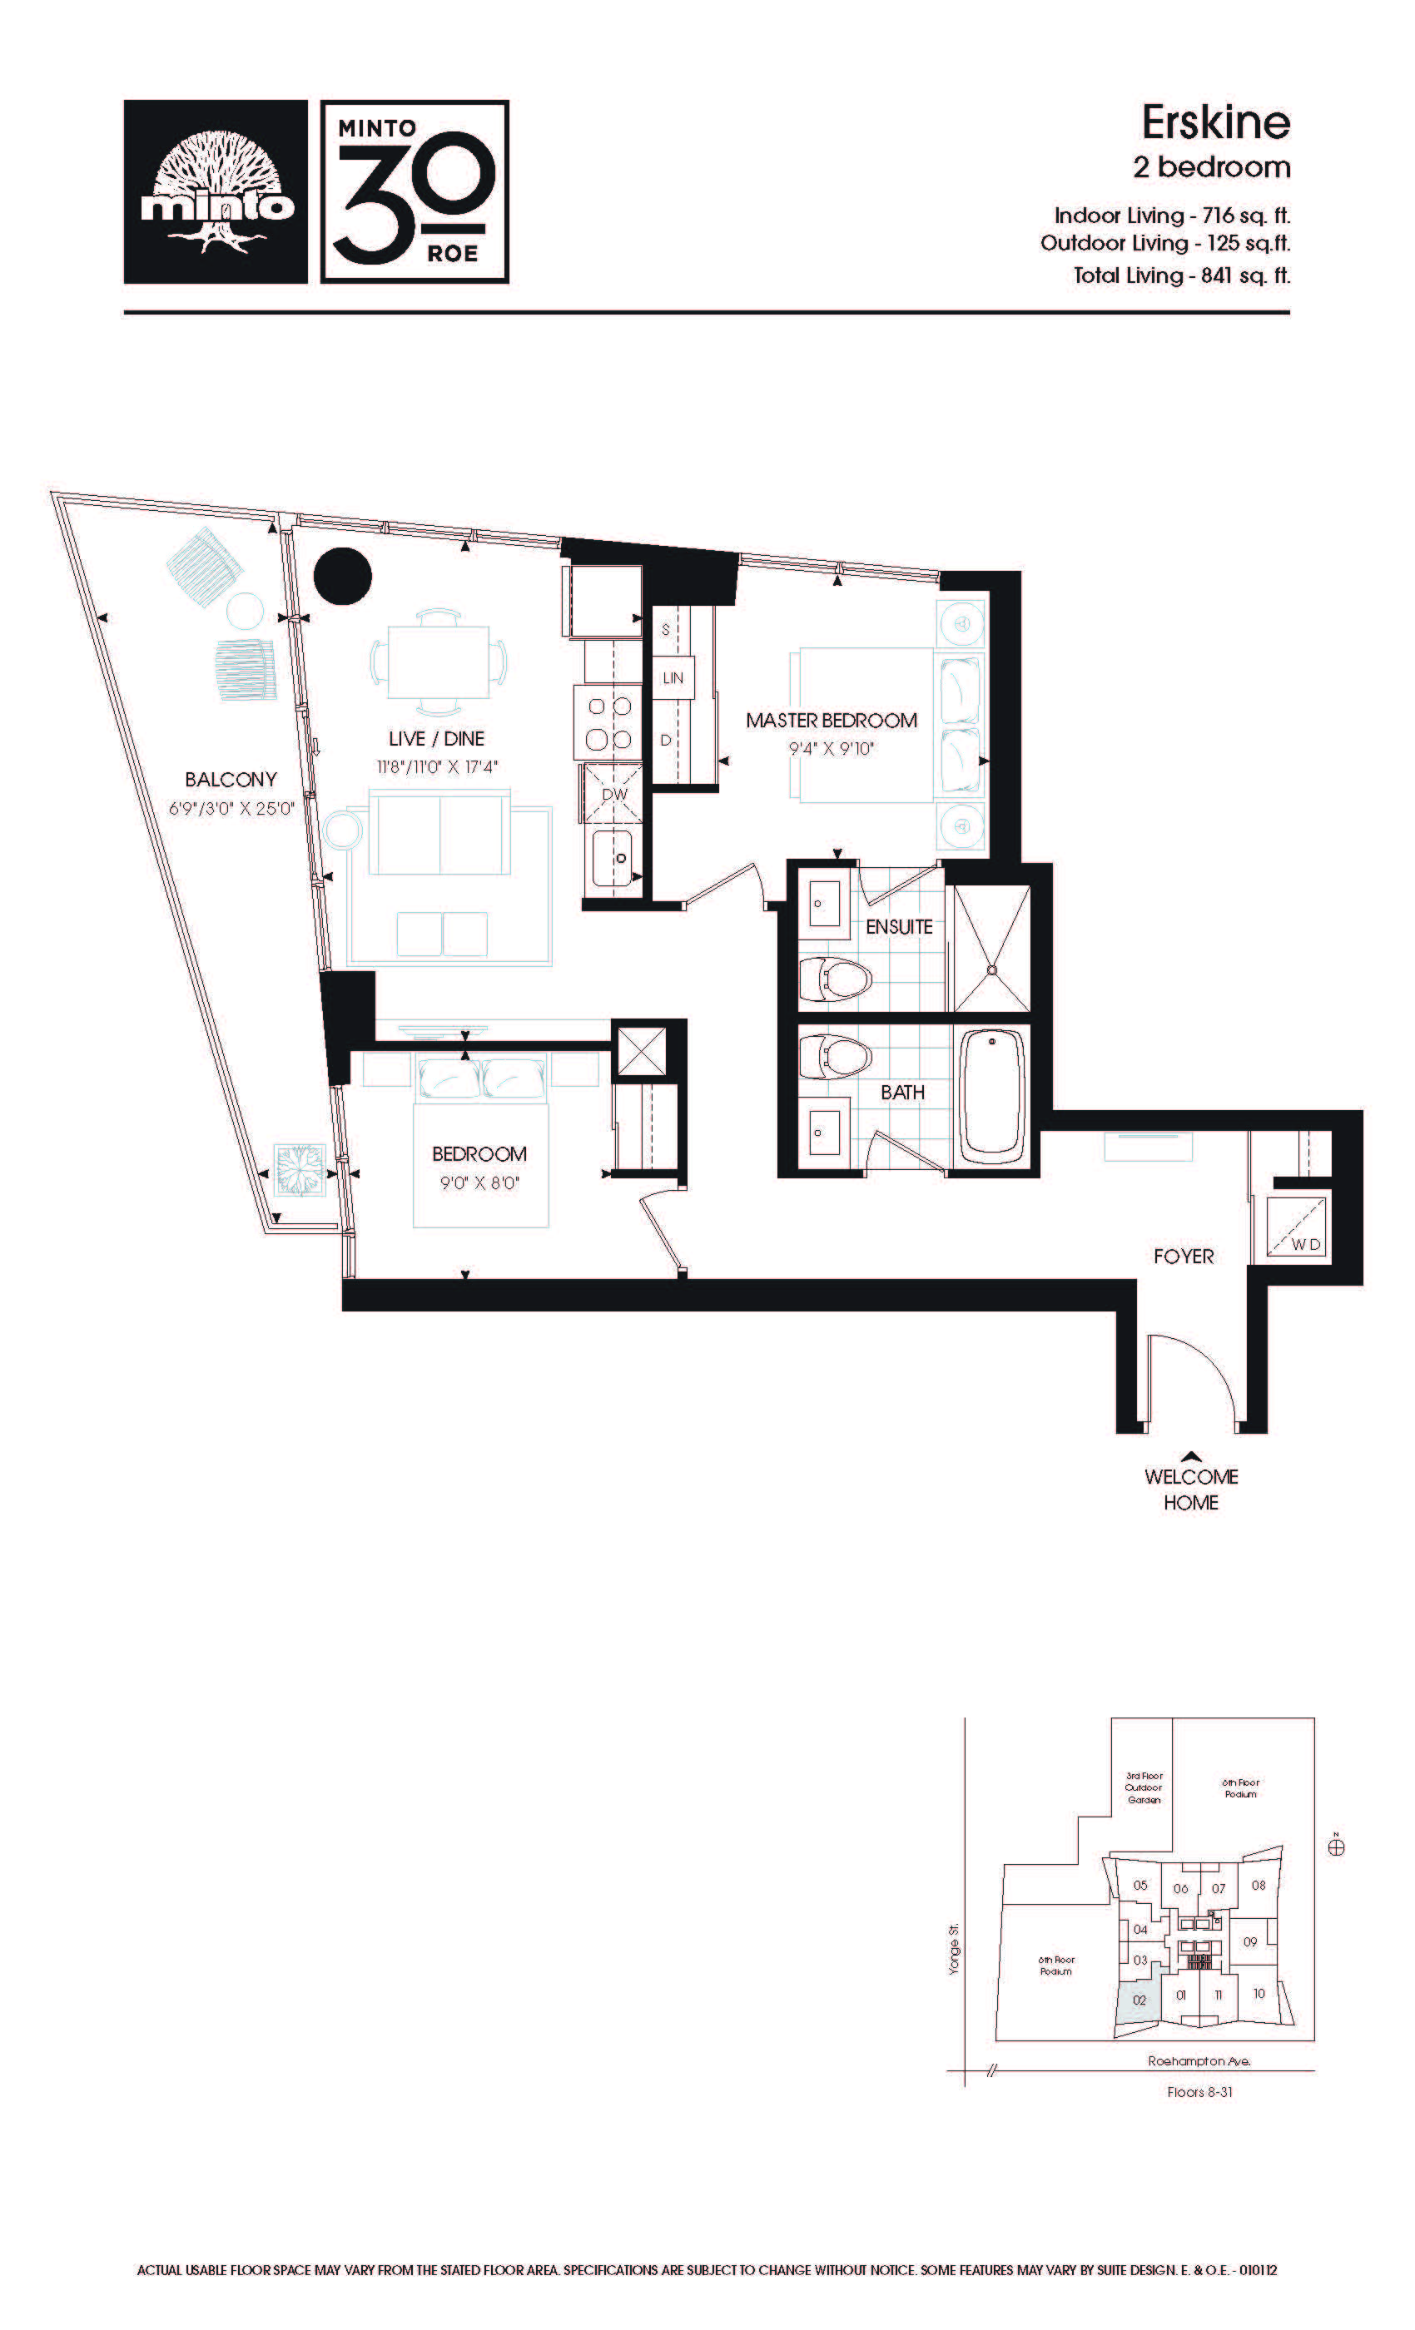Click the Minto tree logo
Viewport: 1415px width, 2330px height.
click(x=216, y=192)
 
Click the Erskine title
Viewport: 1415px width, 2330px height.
click(x=1215, y=122)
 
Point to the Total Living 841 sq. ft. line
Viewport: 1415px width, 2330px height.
click(x=1181, y=275)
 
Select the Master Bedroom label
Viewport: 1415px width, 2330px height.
click(x=832, y=721)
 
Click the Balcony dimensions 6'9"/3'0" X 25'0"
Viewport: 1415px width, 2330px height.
click(x=231, y=809)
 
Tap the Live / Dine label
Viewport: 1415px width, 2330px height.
click(x=436, y=739)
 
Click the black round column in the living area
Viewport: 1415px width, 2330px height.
click(x=342, y=576)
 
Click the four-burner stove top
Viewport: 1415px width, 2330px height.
click(x=610, y=721)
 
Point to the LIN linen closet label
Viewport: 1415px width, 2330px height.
click(x=673, y=678)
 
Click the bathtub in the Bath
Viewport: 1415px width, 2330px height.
click(x=992, y=1098)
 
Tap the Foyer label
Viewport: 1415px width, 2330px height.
click(x=1184, y=1256)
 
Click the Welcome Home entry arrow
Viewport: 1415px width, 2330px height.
click(x=1192, y=1457)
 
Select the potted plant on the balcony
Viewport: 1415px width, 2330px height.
click(x=300, y=1170)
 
